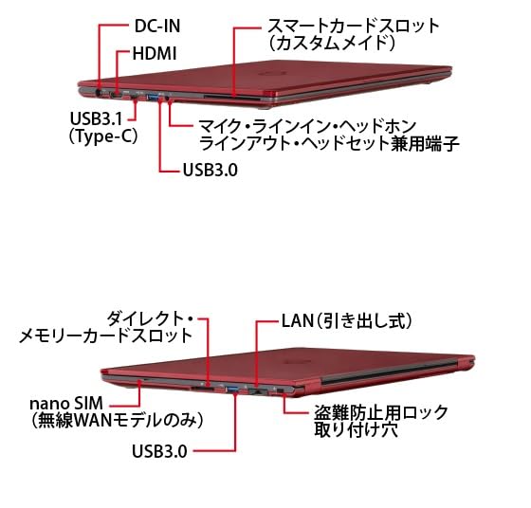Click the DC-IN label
(157, 26)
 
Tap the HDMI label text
(155, 53)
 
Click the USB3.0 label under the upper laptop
(210, 170)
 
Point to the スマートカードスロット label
(353, 26)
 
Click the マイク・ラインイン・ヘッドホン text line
(307, 126)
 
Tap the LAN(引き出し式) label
(347, 320)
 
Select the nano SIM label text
(66, 403)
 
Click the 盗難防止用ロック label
(381, 412)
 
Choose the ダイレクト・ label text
(150, 318)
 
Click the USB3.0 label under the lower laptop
(159, 451)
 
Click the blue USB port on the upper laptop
(153, 98)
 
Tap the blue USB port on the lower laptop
(231, 390)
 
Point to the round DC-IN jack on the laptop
(100, 93)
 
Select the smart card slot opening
(232, 98)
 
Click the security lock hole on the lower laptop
(280, 391)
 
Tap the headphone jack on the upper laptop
(169, 99)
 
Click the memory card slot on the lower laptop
(203, 390)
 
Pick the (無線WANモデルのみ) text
(118, 421)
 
